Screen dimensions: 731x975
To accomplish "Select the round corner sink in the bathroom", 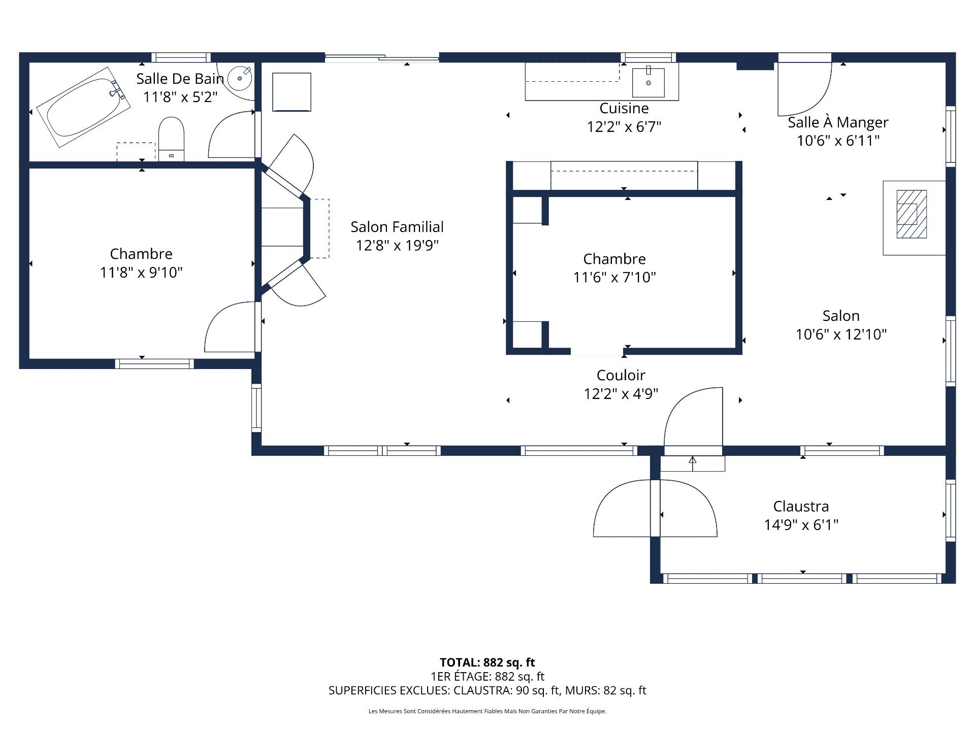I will click(x=240, y=79).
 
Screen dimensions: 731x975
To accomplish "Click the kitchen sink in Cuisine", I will click(x=648, y=82).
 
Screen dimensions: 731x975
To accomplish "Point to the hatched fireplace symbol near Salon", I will click(x=912, y=214).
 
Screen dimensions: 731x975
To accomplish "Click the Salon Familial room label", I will click(x=397, y=227).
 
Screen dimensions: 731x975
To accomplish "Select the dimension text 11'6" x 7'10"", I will click(x=614, y=278).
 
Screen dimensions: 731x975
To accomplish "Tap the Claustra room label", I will click(x=801, y=506).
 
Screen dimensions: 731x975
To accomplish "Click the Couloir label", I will click(x=621, y=375).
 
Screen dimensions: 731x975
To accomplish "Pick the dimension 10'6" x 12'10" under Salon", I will click(x=841, y=335).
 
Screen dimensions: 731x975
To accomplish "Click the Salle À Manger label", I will click(x=838, y=122).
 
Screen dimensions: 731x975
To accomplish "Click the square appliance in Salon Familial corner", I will click(x=291, y=92).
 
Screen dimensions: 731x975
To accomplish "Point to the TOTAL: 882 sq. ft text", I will click(x=487, y=662).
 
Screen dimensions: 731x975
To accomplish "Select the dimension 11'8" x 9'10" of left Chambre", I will click(x=141, y=273).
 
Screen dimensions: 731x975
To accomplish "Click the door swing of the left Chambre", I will click(x=231, y=327).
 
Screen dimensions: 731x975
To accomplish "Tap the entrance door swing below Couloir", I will click(x=693, y=419).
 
